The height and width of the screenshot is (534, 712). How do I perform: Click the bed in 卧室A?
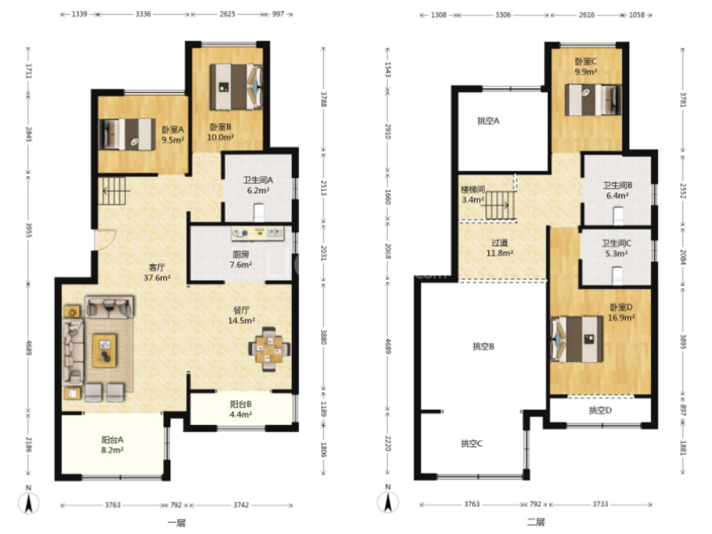[127, 135]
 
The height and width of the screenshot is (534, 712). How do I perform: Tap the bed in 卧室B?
[236, 87]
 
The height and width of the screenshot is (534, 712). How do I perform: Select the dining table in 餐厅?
[269, 349]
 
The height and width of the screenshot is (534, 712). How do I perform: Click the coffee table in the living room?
[105, 350]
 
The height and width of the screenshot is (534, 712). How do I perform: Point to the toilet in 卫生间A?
[259, 212]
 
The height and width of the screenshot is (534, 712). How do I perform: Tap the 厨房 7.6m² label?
[241, 259]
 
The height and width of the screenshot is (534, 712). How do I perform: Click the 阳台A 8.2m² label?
[112, 444]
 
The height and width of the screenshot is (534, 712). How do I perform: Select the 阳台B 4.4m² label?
[241, 409]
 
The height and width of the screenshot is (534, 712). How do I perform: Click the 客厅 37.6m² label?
[157, 273]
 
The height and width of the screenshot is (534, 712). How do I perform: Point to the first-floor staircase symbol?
[114, 191]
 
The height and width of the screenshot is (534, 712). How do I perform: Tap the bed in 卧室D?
[577, 339]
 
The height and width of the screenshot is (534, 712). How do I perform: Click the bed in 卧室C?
[593, 100]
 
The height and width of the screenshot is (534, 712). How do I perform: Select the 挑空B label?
[483, 346]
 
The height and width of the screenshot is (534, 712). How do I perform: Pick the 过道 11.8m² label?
[500, 248]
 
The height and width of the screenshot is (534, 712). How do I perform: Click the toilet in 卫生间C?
[617, 275]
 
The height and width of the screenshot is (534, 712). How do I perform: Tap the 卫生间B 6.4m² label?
[617, 190]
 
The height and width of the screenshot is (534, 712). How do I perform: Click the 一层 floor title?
[177, 523]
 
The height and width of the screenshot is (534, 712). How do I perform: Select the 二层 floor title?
[536, 522]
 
